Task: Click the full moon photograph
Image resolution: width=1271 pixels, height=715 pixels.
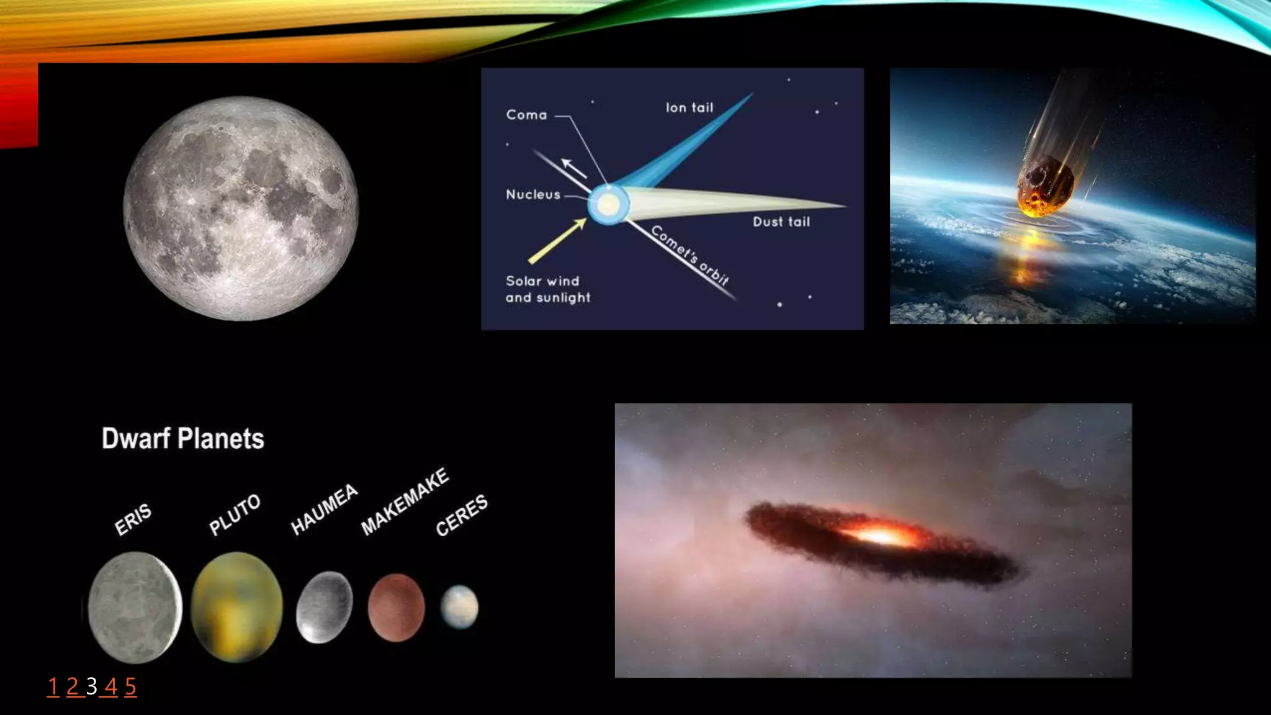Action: point(241,209)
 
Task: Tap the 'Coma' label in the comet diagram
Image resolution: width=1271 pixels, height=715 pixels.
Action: point(526,115)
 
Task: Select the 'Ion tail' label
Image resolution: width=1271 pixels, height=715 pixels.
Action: point(689,108)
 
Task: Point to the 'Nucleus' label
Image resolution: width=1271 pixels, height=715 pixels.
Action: point(533,195)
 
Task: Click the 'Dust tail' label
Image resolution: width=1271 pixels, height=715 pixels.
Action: point(781,222)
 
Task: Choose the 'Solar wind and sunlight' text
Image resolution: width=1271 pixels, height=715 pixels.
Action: point(547,289)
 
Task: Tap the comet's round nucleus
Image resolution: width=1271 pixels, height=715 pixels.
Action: point(608,204)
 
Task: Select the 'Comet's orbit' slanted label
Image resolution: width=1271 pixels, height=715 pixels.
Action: point(690,254)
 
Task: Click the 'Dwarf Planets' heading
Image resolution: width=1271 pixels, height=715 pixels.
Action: point(183,439)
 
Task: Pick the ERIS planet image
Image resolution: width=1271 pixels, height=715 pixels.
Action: point(135,606)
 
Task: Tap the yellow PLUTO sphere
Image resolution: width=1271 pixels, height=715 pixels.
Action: point(236,606)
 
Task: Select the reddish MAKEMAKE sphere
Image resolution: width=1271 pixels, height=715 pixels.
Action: point(396,606)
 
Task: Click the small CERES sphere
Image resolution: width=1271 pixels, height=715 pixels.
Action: point(459,606)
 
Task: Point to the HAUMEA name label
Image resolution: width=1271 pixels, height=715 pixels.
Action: point(324,509)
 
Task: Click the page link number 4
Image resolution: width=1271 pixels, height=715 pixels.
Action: point(111,686)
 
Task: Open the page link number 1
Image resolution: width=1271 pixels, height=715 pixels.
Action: point(53,686)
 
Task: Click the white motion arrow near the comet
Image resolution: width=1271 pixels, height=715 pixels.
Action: point(574,168)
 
